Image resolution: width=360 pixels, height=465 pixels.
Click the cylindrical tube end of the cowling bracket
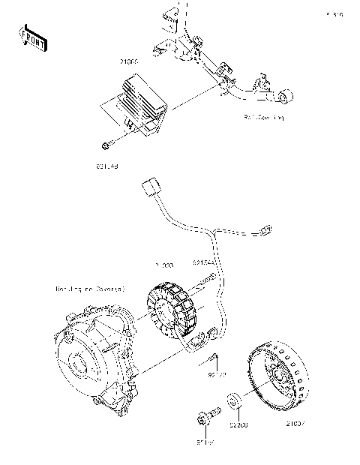288,95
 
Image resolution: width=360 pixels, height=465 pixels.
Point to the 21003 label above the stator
163,265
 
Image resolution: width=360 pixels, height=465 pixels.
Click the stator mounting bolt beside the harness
207,283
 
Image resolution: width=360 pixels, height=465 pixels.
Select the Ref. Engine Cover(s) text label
90,288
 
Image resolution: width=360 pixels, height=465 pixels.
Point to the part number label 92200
238,425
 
